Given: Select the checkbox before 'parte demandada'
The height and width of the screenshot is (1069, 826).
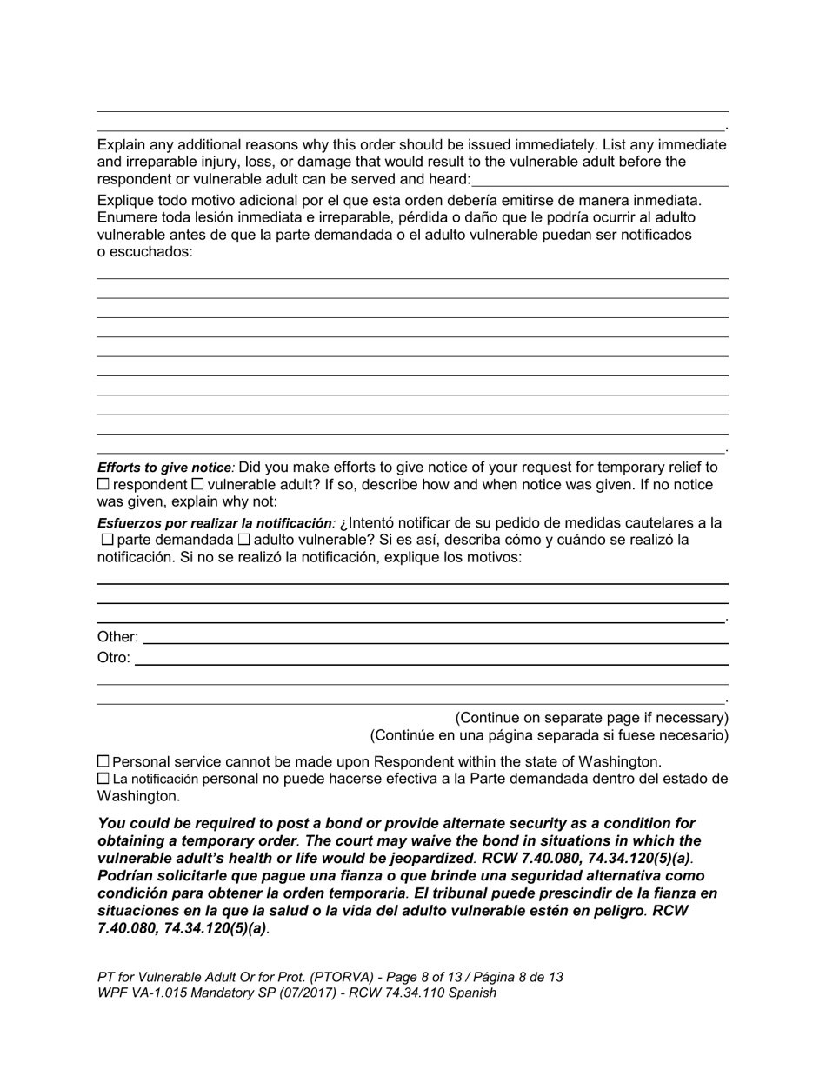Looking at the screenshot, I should (108, 540).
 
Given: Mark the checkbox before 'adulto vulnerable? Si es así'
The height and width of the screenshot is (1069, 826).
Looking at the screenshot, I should (243, 540).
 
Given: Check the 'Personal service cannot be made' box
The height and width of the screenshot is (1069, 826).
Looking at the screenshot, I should (103, 761).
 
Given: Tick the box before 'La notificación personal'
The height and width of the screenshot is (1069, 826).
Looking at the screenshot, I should (103, 779).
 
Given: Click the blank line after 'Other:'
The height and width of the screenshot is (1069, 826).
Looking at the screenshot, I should (435, 641).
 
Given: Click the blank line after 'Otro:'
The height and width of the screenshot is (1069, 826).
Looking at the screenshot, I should (430, 662).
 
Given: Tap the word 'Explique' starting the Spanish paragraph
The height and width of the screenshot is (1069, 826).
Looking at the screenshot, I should (126, 200).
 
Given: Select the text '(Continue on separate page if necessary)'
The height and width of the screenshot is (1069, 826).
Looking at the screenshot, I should (591, 718).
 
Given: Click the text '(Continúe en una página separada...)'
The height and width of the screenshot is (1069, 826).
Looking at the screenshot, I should (550, 735).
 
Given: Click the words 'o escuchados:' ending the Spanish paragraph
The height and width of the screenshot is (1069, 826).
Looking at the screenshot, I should (144, 252).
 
